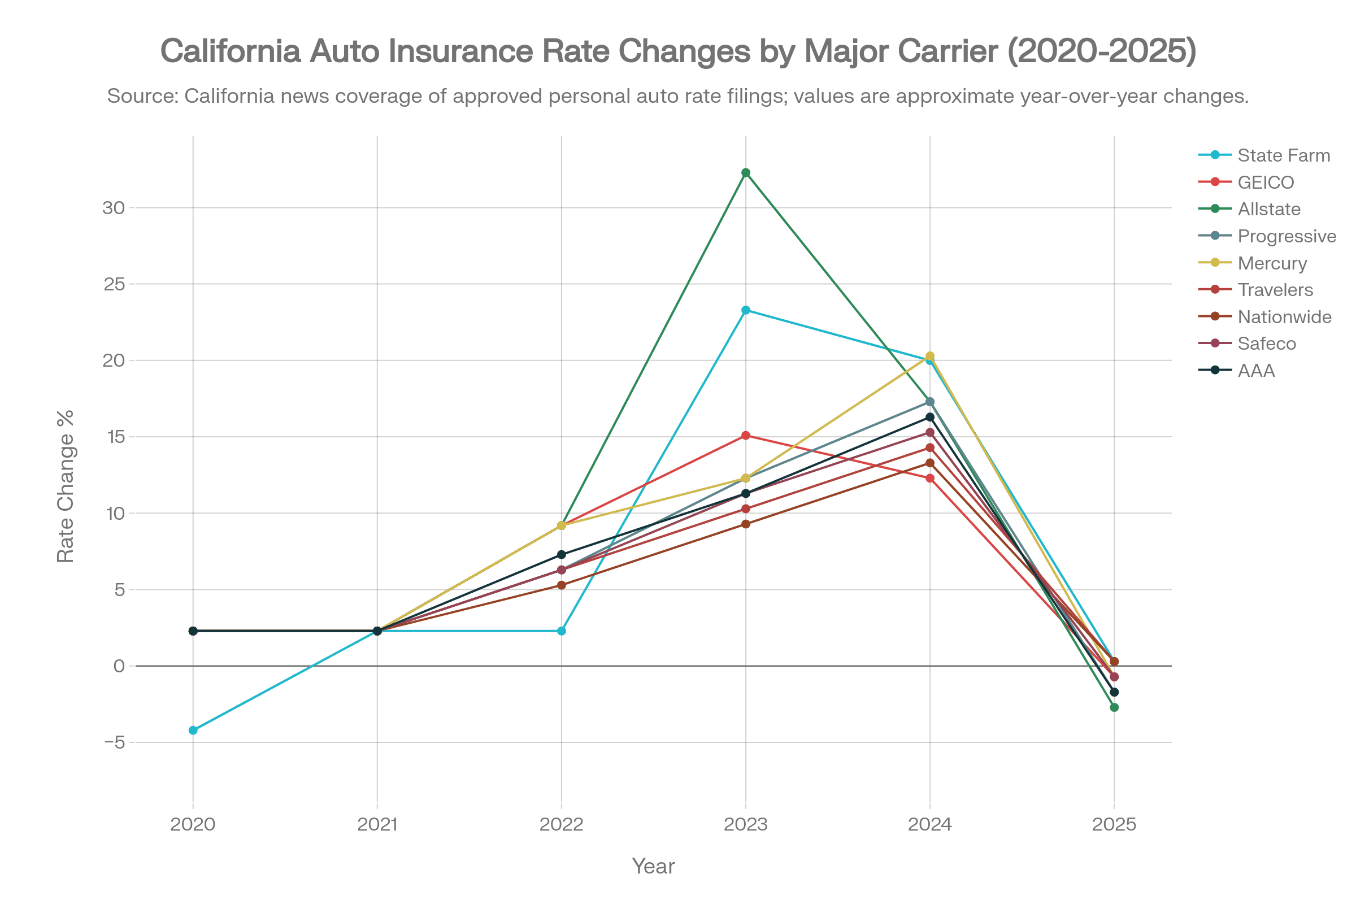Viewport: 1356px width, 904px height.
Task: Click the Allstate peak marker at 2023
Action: tap(745, 173)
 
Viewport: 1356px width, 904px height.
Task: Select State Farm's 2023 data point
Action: tap(745, 310)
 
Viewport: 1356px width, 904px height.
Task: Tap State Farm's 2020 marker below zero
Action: tap(193, 731)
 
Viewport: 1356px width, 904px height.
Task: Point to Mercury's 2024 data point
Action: tap(930, 357)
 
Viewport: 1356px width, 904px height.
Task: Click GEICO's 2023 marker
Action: tap(745, 435)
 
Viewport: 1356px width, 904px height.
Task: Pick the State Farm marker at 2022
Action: tap(562, 631)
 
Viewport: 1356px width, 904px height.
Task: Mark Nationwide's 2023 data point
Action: tap(745, 524)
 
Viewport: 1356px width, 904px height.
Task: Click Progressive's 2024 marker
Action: tap(930, 402)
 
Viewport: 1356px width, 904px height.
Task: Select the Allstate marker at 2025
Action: tap(1114, 707)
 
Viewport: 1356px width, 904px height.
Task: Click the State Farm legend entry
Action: tap(1283, 155)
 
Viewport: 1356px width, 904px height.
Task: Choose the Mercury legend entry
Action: tap(1272, 263)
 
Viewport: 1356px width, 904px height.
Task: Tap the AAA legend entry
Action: tap(1255, 371)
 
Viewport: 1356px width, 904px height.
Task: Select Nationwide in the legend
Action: tap(1284, 317)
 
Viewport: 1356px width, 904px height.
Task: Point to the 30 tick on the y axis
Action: tap(114, 207)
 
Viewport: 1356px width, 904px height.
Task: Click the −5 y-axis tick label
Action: tap(115, 742)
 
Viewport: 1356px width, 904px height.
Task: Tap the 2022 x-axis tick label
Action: tap(562, 824)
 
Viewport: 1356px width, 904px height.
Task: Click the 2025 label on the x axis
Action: tap(1114, 824)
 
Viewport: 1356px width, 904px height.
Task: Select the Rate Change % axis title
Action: tap(65, 485)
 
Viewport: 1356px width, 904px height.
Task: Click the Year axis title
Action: tap(653, 866)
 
